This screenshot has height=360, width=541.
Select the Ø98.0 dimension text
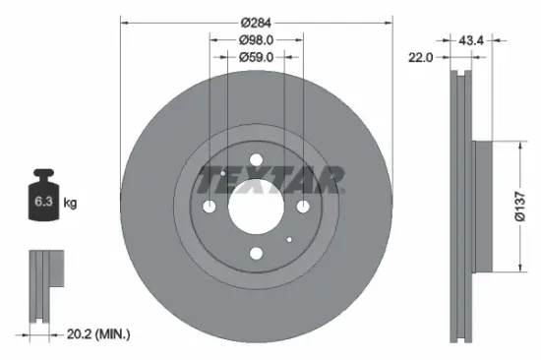tap(256, 39)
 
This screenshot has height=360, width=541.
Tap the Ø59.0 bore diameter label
tap(256, 57)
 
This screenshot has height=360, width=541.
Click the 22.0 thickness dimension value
tap(421, 58)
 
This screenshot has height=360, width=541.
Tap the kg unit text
tap(70, 203)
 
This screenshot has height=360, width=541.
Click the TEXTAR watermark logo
tap(270, 179)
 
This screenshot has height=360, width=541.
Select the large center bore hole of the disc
tap(256, 208)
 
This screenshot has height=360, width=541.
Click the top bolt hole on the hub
tap(256, 162)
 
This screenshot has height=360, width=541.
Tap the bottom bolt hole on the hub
tap(256, 253)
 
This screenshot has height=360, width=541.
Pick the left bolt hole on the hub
tap(210, 207)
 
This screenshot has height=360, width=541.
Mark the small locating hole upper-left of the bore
tap(224, 174)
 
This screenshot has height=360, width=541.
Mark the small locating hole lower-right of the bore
tap(288, 239)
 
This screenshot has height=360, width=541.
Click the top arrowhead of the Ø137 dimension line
tap(518, 144)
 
